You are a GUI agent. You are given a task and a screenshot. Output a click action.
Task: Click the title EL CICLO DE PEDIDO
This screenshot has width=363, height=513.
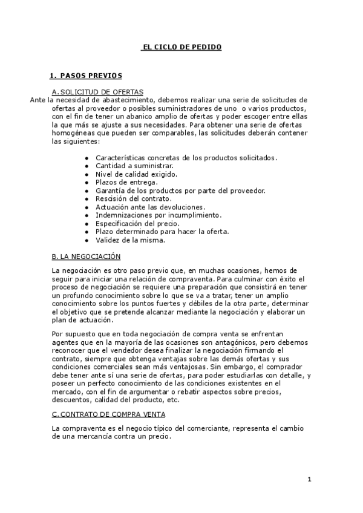click(181, 47)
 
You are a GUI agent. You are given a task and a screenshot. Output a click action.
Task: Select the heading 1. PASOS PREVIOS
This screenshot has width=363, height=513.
click(85, 76)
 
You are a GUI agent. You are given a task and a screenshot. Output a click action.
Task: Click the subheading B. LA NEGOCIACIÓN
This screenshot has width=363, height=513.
click(87, 256)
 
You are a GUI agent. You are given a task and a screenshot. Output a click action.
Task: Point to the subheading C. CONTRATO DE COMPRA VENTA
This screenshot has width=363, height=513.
click(109, 414)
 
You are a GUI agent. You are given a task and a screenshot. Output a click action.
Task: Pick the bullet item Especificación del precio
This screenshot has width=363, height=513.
click(137, 223)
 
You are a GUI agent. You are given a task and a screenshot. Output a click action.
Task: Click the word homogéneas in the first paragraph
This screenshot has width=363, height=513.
click(76, 132)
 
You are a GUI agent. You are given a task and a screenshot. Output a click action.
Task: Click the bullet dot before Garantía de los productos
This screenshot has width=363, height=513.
click(88, 190)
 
